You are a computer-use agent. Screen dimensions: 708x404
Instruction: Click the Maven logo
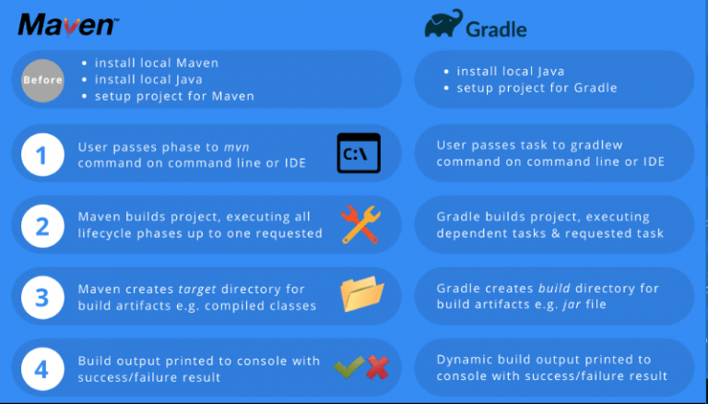[68, 25]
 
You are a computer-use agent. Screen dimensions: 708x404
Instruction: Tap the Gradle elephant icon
[443, 23]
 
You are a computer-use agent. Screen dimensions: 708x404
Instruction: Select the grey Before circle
[42, 80]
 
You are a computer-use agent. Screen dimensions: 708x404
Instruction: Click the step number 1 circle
[42, 154]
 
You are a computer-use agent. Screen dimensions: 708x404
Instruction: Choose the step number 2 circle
[42, 226]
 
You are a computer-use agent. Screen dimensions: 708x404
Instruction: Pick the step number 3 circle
[42, 297]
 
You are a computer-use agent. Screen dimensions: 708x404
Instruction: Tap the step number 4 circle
[42, 369]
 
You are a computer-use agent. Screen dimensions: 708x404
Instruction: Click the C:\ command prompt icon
[359, 153]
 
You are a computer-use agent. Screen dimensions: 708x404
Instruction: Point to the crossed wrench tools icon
[360, 224]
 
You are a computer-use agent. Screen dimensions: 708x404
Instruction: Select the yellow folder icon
[361, 293]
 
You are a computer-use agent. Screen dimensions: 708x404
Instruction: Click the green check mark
[349, 366]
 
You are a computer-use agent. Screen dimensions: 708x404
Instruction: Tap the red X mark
[377, 366]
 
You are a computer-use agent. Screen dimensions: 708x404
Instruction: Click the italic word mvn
[237, 148]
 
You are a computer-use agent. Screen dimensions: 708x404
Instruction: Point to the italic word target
[197, 290]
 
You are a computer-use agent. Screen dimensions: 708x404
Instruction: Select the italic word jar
[572, 304]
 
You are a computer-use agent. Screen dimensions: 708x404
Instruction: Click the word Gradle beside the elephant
[496, 30]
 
